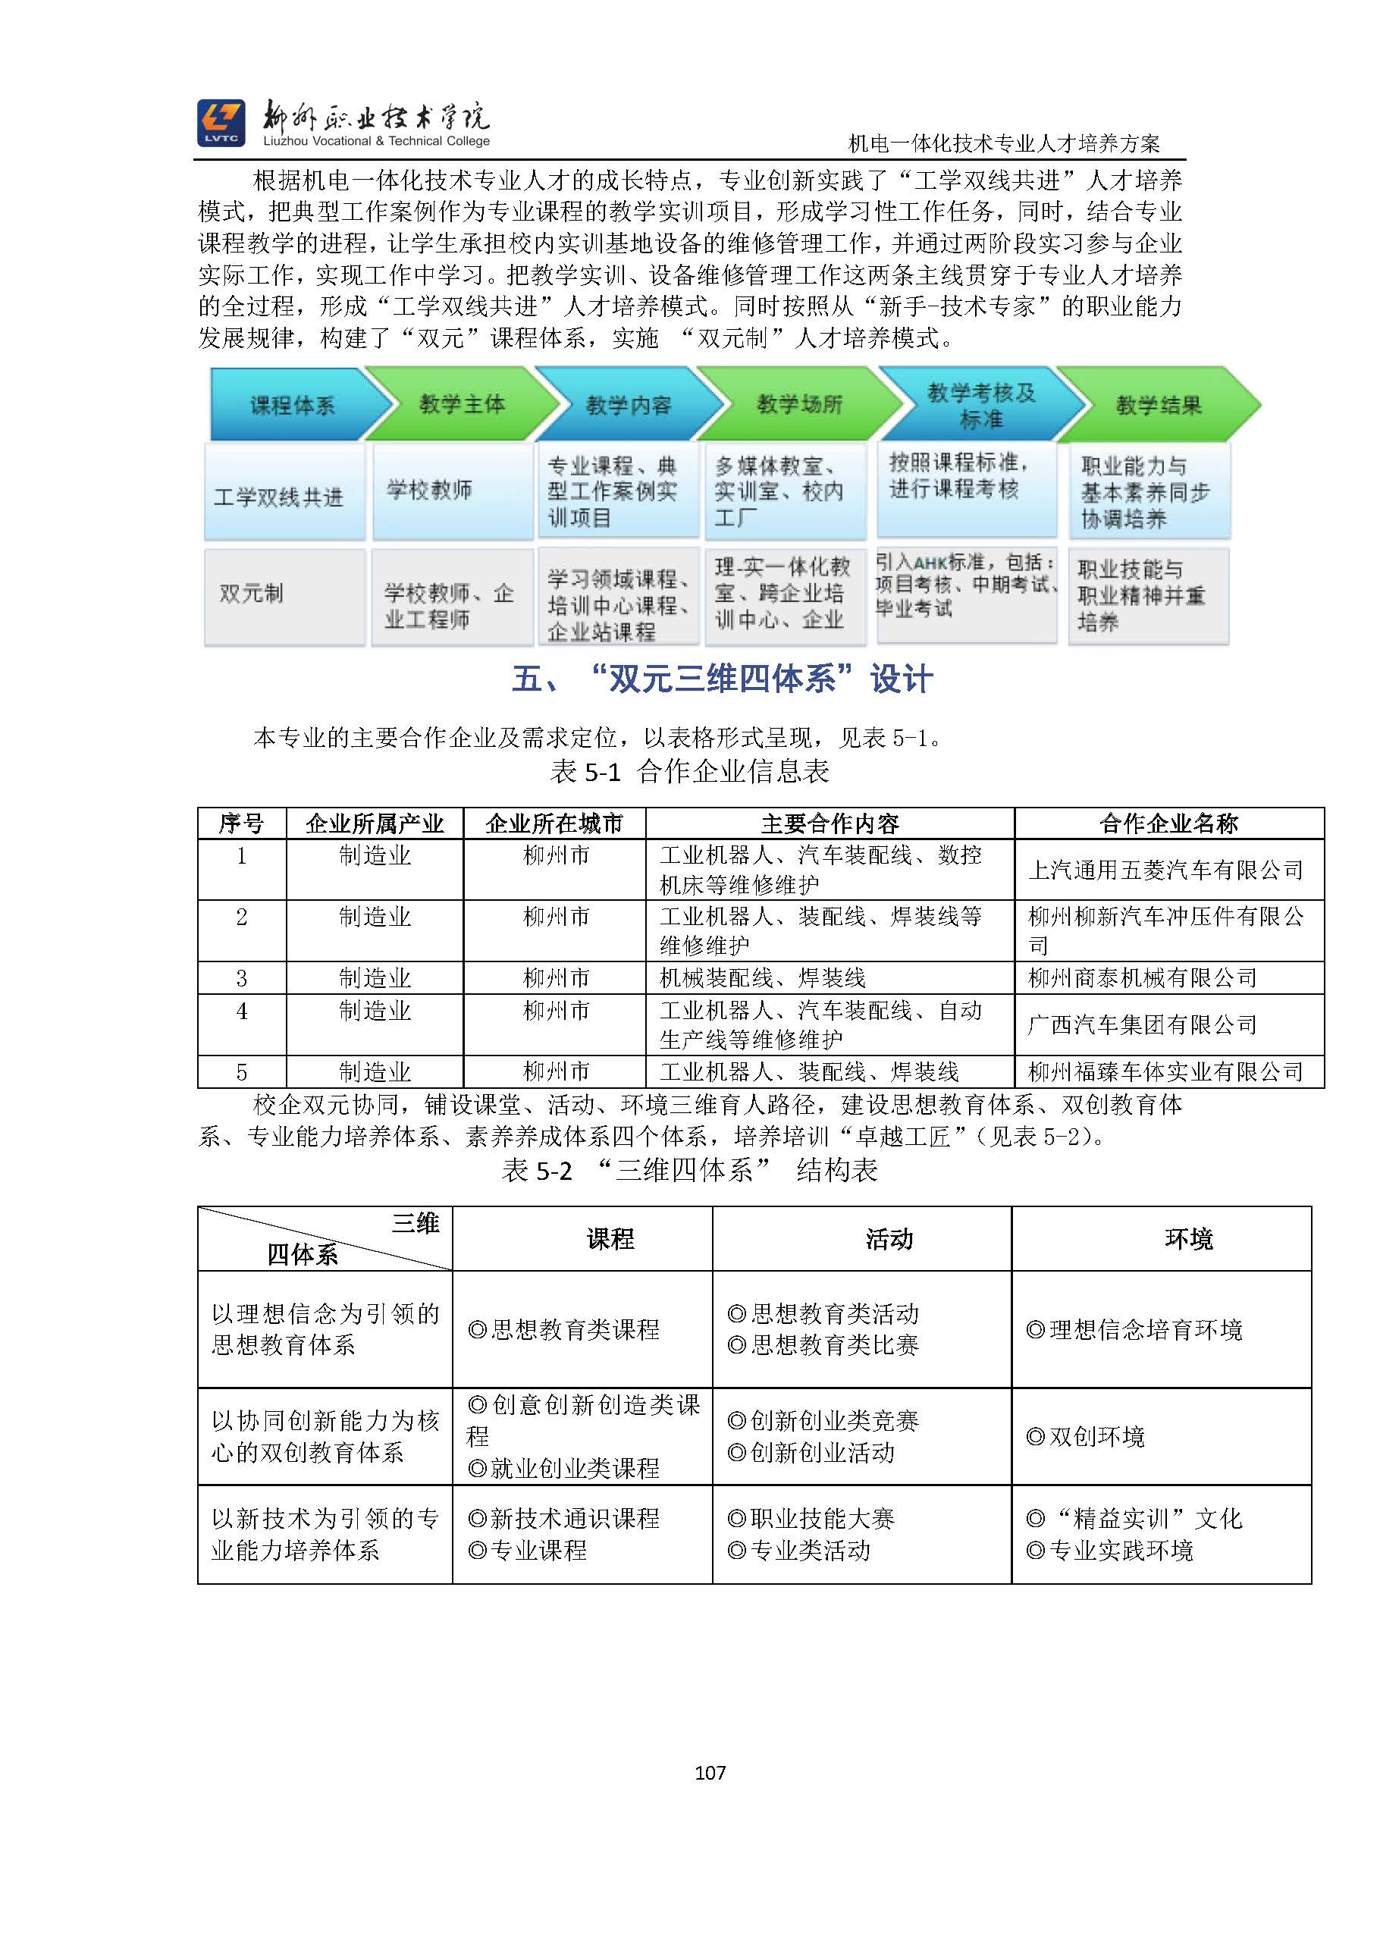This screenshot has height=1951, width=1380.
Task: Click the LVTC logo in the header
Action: point(221,122)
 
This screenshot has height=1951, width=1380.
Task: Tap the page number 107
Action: point(710,1773)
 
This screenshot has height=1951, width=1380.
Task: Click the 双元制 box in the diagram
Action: point(252,593)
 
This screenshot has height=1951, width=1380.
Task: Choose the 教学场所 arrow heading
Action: point(798,404)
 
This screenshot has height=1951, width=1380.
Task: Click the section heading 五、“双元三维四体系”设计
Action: point(723,680)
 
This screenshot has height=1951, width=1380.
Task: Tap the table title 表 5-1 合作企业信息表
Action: point(689,772)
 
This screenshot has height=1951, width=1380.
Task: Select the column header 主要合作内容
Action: point(830,823)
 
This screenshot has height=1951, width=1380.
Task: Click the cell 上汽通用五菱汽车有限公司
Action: point(1166,870)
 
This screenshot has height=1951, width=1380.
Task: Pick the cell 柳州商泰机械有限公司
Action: point(1142,978)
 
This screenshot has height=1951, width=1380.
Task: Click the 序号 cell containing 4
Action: point(242,1012)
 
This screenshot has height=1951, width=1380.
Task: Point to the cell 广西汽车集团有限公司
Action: point(1142,1024)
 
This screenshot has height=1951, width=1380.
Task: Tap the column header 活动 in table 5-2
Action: point(889,1240)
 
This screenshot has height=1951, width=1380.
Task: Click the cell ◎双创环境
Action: point(1086,1437)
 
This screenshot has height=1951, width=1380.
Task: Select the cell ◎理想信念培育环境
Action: point(1134,1330)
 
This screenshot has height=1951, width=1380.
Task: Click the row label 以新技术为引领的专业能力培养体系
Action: point(325,1535)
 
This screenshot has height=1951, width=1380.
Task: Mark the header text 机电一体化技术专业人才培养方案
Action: point(1004,143)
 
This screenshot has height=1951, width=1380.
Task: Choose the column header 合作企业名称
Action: point(1168,823)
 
